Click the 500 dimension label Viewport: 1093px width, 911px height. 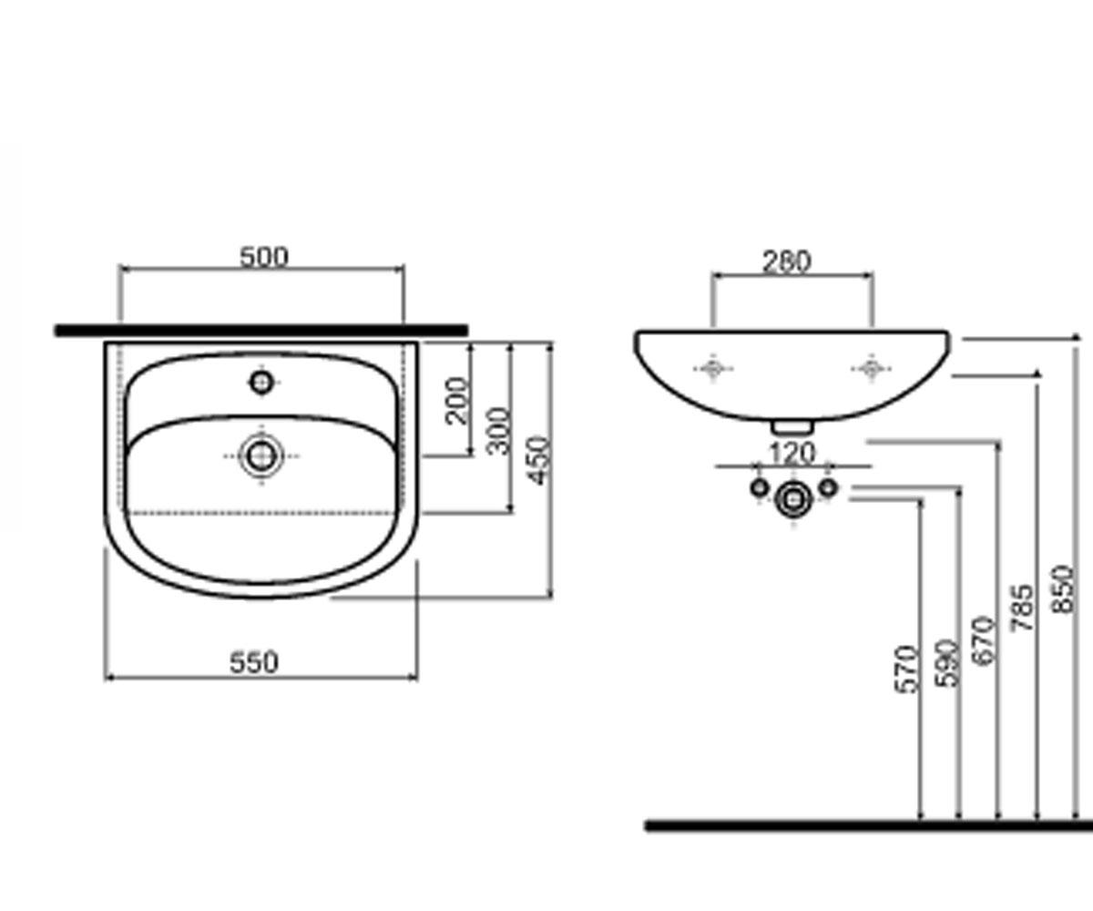[x=264, y=257]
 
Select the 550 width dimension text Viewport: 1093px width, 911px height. [x=254, y=662]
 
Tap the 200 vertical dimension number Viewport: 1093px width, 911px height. [x=456, y=400]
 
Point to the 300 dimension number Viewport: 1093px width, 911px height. [x=498, y=431]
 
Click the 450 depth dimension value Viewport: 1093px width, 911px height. [x=539, y=460]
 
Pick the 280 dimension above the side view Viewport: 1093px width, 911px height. [x=787, y=261]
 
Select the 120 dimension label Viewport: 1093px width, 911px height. [x=792, y=454]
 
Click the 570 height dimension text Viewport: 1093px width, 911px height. [x=906, y=670]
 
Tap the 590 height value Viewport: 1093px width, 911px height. [x=947, y=662]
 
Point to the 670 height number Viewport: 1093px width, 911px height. [x=983, y=640]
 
